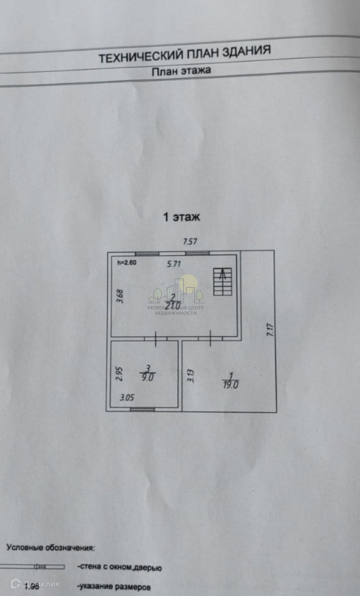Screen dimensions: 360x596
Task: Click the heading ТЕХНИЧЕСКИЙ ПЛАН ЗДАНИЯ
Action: point(184,54)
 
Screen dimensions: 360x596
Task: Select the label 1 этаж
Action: point(181,217)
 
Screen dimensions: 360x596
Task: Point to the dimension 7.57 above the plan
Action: point(190,242)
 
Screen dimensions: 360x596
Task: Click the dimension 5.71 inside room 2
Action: point(174,264)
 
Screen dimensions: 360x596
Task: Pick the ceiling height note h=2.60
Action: point(126,262)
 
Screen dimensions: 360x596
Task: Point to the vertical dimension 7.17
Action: point(269,330)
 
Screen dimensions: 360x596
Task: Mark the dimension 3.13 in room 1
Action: point(190,375)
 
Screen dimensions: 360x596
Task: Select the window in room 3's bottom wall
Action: point(142,409)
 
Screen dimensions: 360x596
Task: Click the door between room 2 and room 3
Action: point(155,338)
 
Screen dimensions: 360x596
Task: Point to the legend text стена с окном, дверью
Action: point(119,568)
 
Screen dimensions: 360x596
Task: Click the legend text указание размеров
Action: point(114,586)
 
